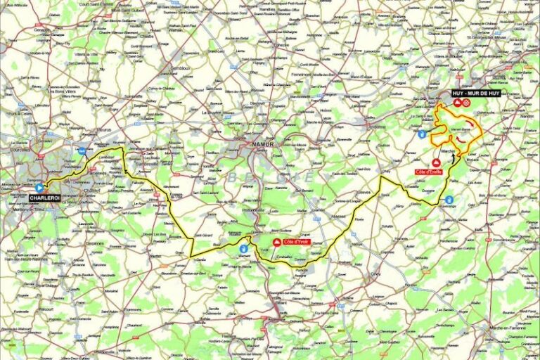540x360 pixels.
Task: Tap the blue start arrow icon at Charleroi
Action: [x=39, y=188]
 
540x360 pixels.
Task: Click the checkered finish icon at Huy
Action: [x=465, y=103]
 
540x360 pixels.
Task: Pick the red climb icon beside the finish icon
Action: [x=456, y=103]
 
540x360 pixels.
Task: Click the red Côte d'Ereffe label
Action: [x=428, y=172]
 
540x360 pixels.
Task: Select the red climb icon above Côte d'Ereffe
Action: [x=425, y=162]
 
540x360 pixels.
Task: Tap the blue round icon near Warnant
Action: [x=243, y=248]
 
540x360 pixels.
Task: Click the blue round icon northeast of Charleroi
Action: [x=83, y=150]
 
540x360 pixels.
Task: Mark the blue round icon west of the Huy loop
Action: [x=421, y=134]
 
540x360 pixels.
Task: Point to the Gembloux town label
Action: [x=182, y=69]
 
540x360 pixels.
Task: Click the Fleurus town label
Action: [x=104, y=130]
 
